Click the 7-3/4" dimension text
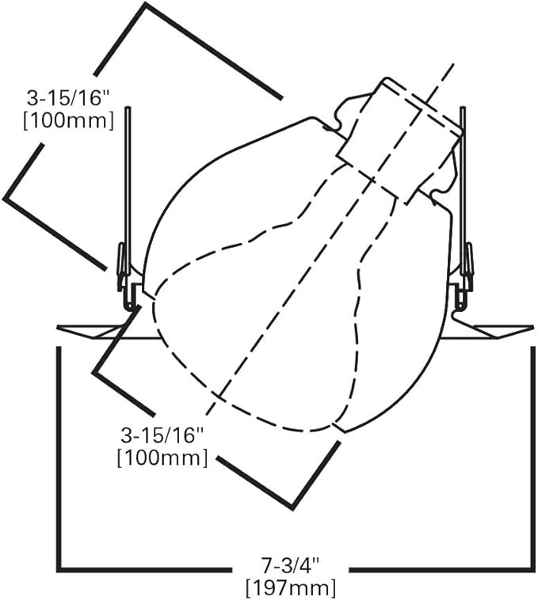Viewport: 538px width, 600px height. pyautogui.click(x=290, y=565)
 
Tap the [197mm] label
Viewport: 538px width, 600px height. pyautogui.click(x=291, y=588)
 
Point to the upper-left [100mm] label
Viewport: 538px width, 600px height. pyautogui.click(x=69, y=121)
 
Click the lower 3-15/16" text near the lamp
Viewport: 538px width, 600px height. pyautogui.click(x=162, y=435)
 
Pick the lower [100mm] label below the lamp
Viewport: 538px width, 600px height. pyautogui.click(x=162, y=458)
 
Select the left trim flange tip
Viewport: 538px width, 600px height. pyautogui.click(x=57, y=328)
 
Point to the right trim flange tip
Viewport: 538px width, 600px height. pyautogui.click(x=533, y=328)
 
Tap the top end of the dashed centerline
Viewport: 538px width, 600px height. pyautogui.click(x=454, y=64)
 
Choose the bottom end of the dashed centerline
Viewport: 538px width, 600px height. pyautogui.click(x=207, y=414)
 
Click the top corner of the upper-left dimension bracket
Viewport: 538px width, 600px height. pyautogui.click(x=145, y=5)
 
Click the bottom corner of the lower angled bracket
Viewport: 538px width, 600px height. pyautogui.click(x=294, y=507)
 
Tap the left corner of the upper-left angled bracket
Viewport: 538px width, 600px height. pyautogui.click(x=4, y=199)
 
